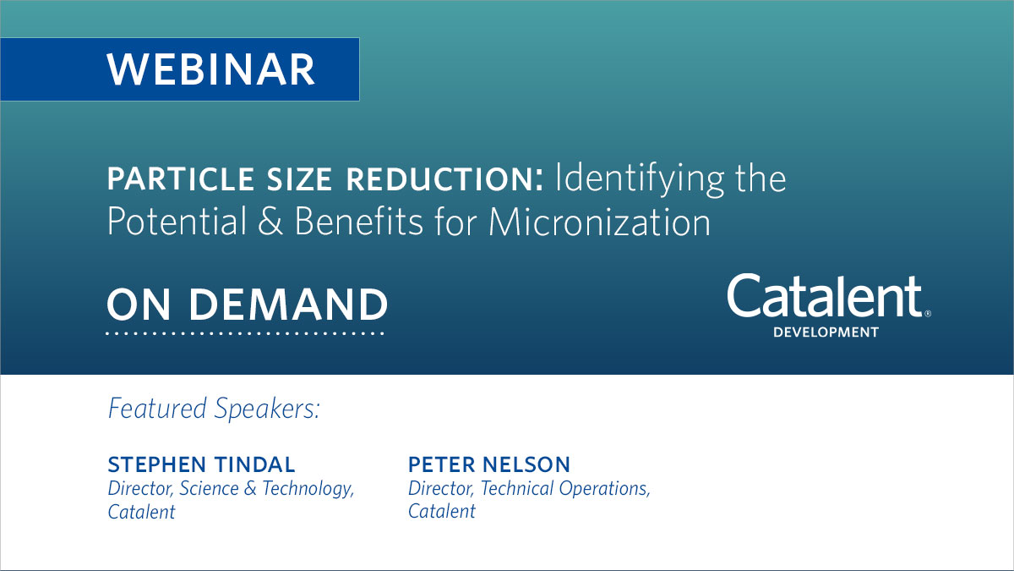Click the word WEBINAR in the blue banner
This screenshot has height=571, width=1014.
[x=210, y=69]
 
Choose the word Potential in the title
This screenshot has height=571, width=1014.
[x=173, y=222]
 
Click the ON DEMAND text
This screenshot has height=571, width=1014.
[x=247, y=305]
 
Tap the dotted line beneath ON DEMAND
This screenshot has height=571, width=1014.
[x=245, y=333]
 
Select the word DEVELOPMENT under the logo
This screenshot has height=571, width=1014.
[x=826, y=332]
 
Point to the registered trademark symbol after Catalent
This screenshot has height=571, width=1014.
[x=928, y=313]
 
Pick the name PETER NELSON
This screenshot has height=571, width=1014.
[x=489, y=464]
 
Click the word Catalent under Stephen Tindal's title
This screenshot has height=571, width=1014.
[x=141, y=512]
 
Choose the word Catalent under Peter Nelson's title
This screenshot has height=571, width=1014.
[x=441, y=512]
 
